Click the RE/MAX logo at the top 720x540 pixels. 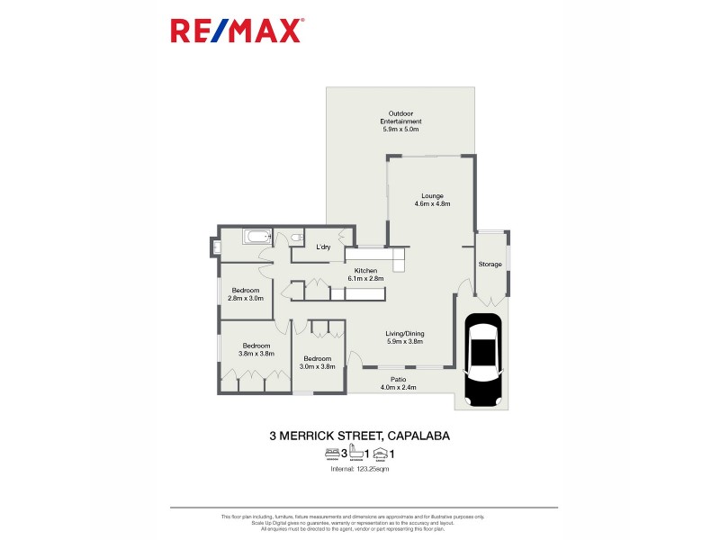tap(238, 32)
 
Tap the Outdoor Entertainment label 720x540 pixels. tap(400, 121)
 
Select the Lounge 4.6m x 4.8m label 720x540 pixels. tap(432, 200)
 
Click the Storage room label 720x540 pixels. tap(490, 264)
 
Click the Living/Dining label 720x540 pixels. tap(405, 337)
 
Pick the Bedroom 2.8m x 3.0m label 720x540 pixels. tap(245, 293)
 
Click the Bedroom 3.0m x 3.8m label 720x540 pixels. tap(316, 362)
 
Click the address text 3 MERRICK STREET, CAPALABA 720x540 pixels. tap(360, 436)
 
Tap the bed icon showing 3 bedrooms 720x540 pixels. tap(331, 454)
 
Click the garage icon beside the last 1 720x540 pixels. tap(381, 454)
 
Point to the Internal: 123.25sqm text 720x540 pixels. tap(360, 469)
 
